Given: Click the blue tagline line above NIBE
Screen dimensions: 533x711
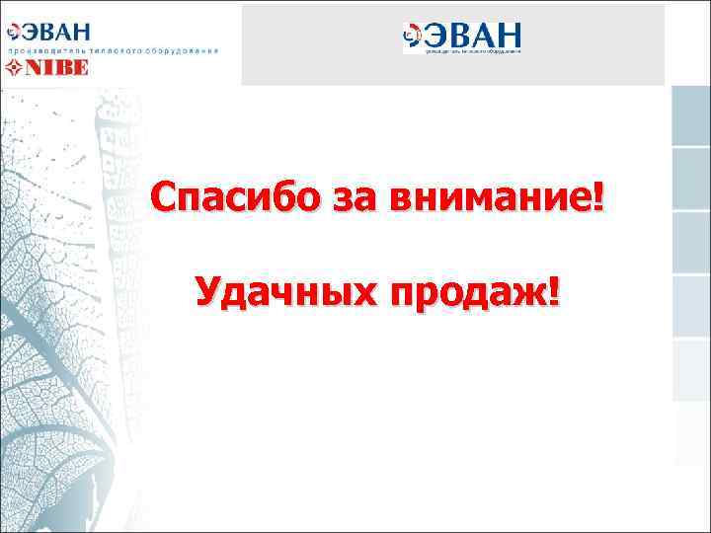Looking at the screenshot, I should (114, 49).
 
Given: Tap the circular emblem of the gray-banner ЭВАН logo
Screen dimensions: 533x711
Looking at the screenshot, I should (412, 37).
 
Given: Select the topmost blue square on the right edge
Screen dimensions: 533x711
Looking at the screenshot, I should (691, 115).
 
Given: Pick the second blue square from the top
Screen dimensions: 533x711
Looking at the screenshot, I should (691, 180).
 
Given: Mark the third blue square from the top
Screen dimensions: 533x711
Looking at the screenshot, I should (691, 243).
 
